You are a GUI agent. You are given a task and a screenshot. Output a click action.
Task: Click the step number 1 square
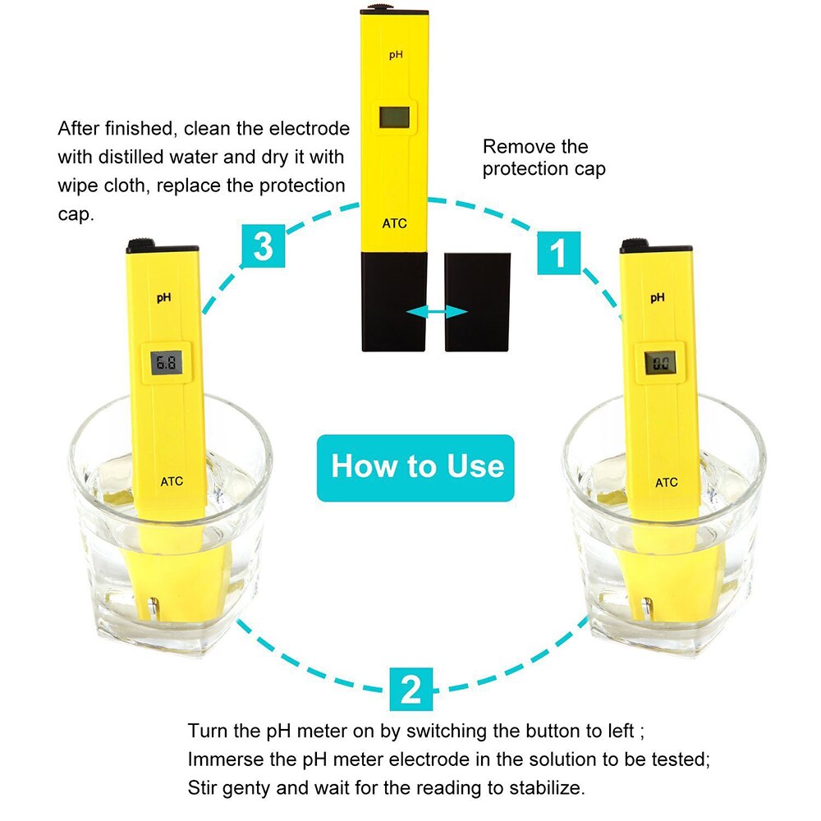pos(558,253)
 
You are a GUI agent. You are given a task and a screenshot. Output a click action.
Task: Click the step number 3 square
pos(263,246)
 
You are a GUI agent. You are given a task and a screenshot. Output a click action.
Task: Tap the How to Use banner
pos(416,467)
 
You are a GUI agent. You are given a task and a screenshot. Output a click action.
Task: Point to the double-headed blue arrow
pos(438,311)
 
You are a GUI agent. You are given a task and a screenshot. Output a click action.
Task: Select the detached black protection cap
pos(477,301)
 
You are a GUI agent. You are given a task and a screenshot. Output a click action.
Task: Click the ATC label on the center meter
pos(394,222)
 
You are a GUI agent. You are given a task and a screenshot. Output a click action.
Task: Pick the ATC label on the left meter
pos(172,482)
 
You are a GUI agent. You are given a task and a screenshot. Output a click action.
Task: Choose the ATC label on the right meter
pos(667,482)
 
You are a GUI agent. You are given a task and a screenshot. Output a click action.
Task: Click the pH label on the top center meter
pos(395,55)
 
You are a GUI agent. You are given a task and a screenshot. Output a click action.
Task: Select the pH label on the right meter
pos(658,298)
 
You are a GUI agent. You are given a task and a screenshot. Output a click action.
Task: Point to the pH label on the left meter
pos(164,299)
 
